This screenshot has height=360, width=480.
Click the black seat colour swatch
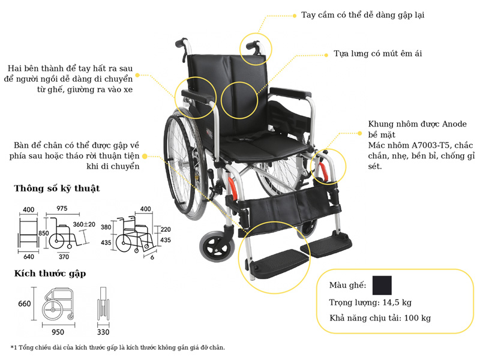(382, 285)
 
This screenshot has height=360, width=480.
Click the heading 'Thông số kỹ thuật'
(57, 188)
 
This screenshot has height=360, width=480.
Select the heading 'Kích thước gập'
(50, 274)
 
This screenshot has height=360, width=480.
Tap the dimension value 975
(62, 208)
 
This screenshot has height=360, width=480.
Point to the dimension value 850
(43, 233)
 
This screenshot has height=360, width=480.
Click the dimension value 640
(28, 257)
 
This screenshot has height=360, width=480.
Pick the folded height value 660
(25, 304)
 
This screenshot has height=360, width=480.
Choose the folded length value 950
(58, 332)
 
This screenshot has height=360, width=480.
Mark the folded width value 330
(103, 332)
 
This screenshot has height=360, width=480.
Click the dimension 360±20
(84, 224)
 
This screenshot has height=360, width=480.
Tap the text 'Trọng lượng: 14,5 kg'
(370, 302)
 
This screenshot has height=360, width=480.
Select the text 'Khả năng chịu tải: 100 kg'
(380, 318)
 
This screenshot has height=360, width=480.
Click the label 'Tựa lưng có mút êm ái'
(378, 53)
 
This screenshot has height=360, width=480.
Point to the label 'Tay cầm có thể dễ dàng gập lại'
(363, 15)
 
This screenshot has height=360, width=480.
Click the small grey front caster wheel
(217, 246)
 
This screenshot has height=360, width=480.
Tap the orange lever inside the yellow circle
(324, 171)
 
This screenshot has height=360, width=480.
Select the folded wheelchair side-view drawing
(58, 305)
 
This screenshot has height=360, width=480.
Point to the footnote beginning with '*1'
(118, 347)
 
